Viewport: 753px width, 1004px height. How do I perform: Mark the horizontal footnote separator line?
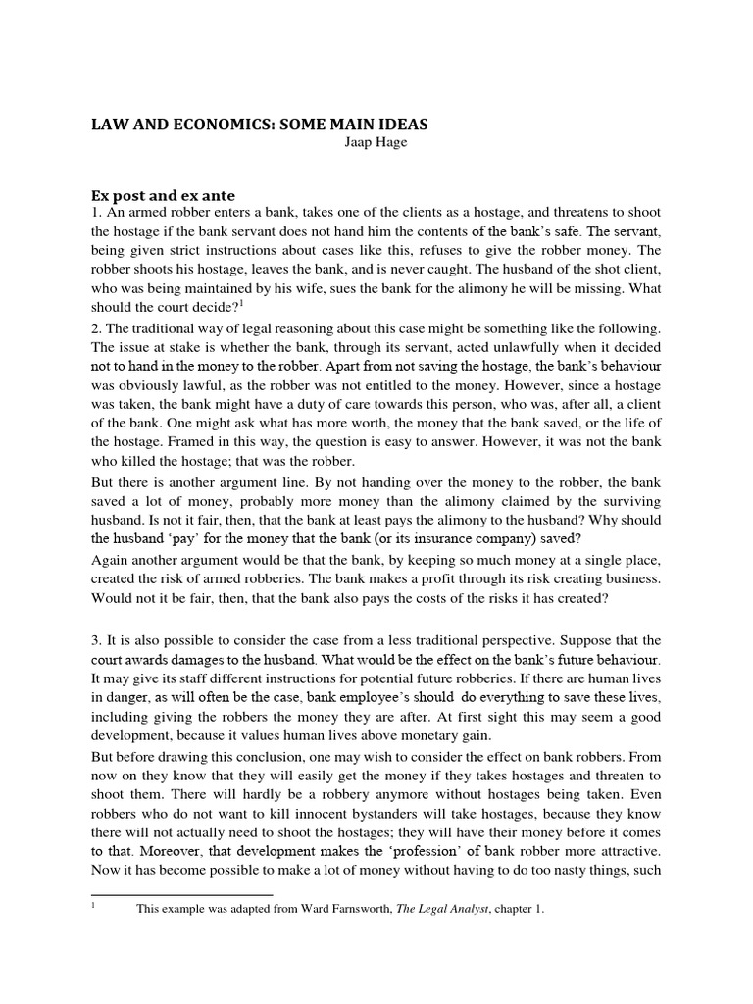(181, 894)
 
